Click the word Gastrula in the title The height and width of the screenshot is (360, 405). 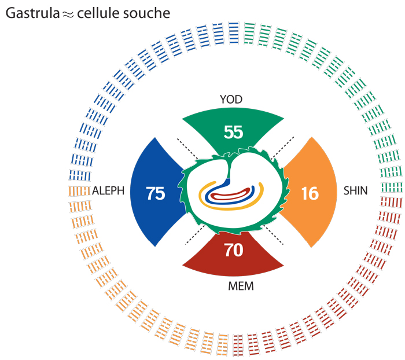(32, 13)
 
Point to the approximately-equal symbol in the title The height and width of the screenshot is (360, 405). (68, 15)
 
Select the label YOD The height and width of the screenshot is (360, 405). (231, 100)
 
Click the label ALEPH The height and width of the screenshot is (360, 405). (108, 191)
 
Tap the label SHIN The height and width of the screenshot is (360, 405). (355, 191)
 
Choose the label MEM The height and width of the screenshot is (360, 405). (241, 286)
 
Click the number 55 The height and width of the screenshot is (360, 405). (234, 132)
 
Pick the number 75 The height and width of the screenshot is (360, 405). (156, 193)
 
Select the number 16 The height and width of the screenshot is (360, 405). (310, 193)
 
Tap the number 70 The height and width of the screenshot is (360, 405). (234, 250)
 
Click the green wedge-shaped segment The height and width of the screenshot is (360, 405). (233, 129)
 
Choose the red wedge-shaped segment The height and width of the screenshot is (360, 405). (233, 255)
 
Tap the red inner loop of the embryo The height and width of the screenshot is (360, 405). (230, 196)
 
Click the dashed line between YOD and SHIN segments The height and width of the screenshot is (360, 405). (282, 148)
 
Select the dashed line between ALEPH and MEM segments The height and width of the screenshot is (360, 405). (195, 234)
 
